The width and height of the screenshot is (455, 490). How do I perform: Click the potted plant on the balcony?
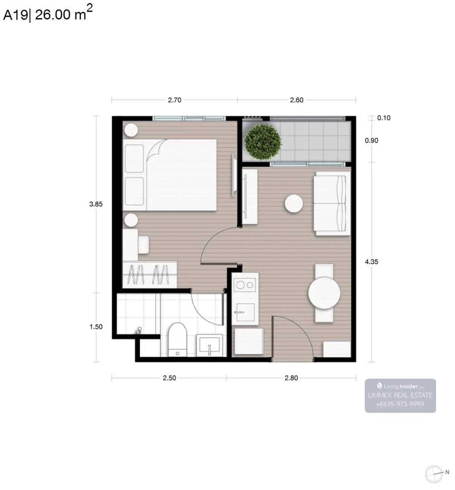pyautogui.click(x=263, y=142)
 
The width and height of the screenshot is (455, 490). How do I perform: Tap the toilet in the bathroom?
pyautogui.click(x=177, y=340)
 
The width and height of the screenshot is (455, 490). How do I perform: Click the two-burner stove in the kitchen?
pyautogui.click(x=245, y=285)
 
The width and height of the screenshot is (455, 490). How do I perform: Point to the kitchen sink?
pyautogui.click(x=245, y=312)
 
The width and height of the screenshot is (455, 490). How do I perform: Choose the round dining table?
pyautogui.click(x=324, y=293)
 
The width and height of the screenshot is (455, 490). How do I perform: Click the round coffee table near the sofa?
pyautogui.click(x=294, y=204)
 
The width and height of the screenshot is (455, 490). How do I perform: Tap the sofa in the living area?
pyautogui.click(x=332, y=203)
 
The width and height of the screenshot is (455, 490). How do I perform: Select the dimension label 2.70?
pyautogui.click(x=174, y=100)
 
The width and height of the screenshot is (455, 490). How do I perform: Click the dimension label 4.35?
pyautogui.click(x=372, y=262)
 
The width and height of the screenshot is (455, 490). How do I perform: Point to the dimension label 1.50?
pyautogui.click(x=96, y=327)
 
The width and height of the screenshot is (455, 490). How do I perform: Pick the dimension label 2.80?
pyautogui.click(x=291, y=378)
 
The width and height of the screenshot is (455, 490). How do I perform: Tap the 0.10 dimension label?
pyautogui.click(x=384, y=118)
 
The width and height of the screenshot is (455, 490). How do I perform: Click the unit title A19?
pyautogui.click(x=15, y=15)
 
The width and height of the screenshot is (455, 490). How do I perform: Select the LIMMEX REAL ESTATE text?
pyautogui.click(x=400, y=395)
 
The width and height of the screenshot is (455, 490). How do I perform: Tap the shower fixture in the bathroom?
pyautogui.click(x=138, y=331)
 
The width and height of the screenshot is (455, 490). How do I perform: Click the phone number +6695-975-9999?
pyautogui.click(x=400, y=404)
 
